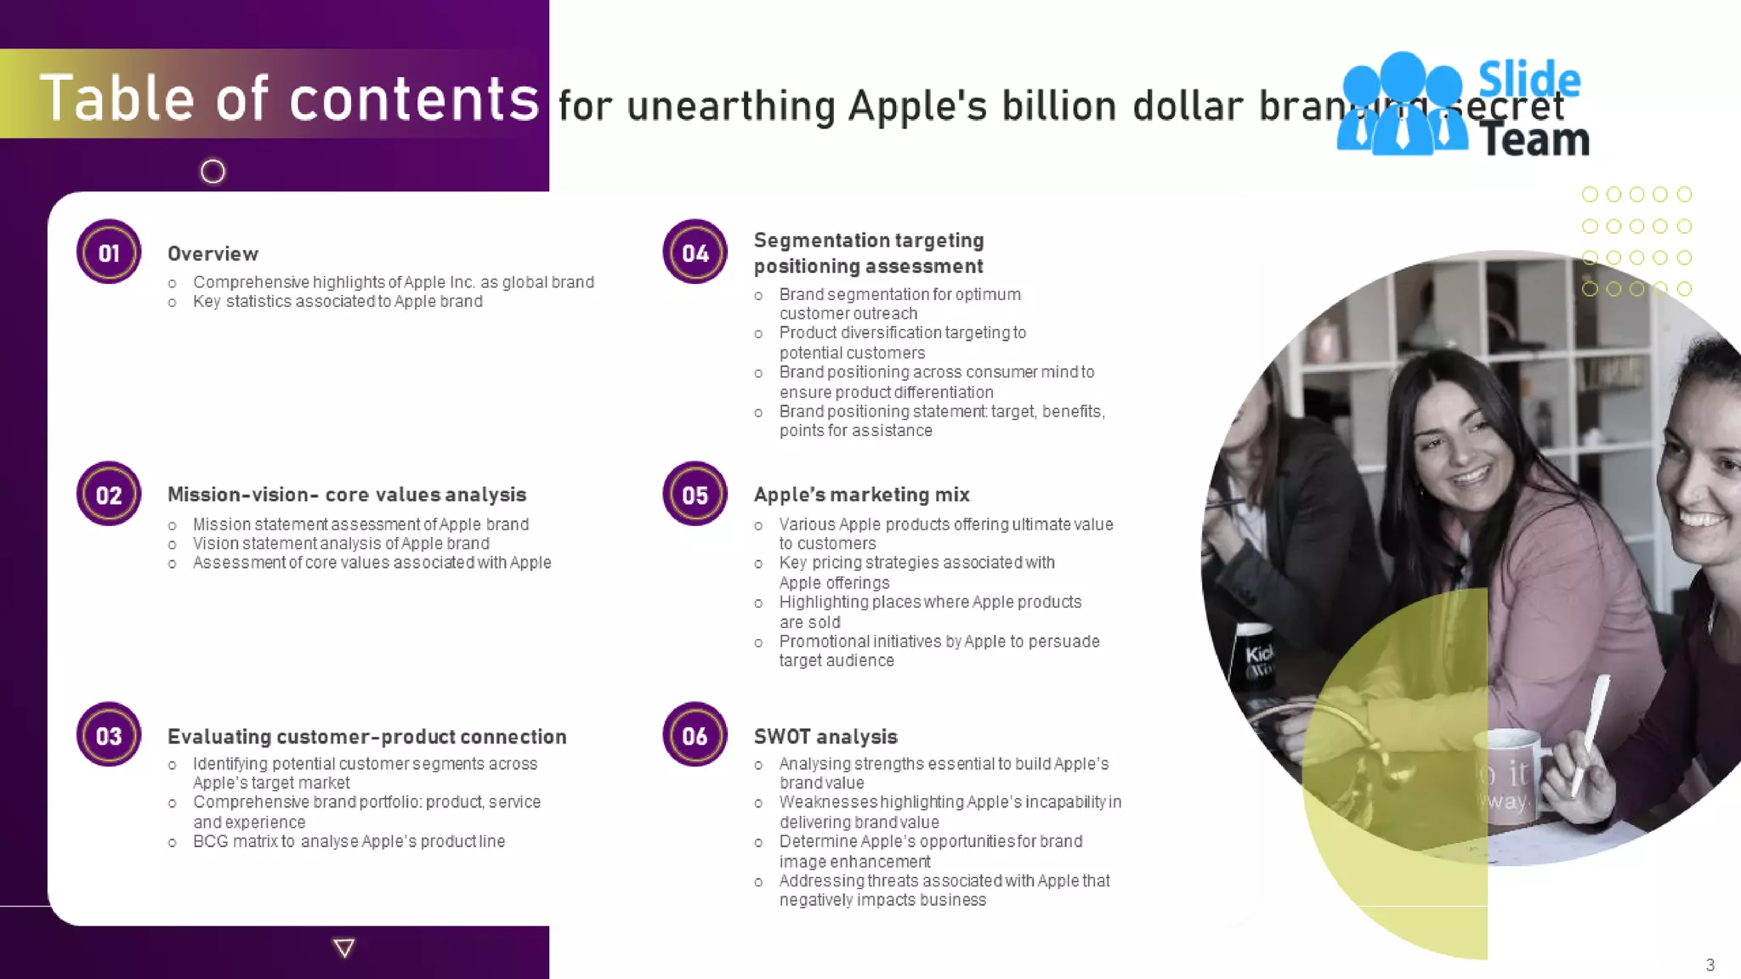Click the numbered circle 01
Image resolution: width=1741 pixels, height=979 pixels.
109,252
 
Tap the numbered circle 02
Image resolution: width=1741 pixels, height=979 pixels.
109,494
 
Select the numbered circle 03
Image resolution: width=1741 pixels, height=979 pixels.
109,735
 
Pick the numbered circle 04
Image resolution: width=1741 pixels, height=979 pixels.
695,252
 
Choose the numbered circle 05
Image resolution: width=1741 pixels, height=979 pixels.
695,494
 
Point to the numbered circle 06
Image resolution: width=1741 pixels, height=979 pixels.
695,735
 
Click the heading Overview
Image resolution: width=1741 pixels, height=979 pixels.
213,254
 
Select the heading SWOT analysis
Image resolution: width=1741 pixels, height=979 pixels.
825,737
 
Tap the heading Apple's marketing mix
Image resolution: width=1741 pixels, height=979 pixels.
861,495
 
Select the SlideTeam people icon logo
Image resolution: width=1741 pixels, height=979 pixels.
1403,104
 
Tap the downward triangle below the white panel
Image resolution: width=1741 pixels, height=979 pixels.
344,948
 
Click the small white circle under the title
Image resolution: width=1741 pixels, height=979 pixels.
213,172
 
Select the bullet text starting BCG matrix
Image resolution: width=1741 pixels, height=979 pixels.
349,841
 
